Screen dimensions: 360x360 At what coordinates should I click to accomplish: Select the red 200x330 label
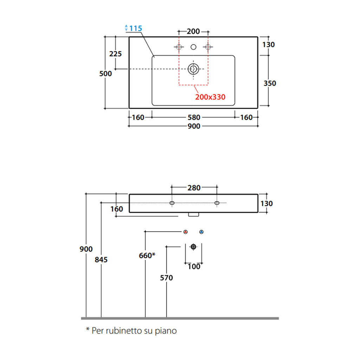210,97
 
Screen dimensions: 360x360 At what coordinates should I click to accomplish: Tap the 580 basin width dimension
194,117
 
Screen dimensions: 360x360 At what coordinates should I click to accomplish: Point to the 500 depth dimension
105,73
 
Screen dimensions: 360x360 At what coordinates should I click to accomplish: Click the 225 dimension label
116,54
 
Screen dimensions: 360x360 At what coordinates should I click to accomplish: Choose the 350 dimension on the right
270,83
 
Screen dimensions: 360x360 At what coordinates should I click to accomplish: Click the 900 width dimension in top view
194,126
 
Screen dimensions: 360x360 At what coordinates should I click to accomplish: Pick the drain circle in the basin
193,69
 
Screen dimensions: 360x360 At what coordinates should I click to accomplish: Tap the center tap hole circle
193,47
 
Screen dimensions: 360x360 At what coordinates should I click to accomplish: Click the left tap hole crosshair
179,47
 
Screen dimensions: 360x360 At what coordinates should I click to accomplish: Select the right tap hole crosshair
208,47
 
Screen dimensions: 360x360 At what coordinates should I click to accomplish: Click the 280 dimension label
194,188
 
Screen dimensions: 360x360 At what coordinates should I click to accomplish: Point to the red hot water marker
186,232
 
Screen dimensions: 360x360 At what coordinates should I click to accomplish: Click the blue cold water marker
201,232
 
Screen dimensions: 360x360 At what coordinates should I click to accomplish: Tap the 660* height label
147,255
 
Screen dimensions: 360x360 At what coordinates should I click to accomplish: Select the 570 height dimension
166,278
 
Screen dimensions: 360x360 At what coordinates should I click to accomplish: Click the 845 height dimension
101,260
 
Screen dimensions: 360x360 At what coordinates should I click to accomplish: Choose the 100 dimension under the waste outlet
194,266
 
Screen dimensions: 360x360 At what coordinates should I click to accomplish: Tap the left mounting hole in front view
172,203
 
